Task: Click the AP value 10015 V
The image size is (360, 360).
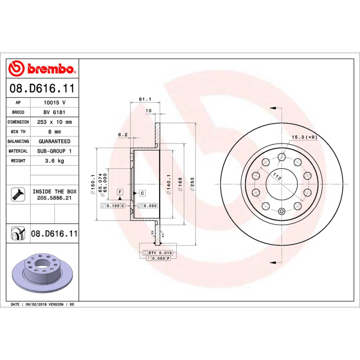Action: click(x=54, y=103)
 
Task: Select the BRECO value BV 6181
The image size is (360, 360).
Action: click(x=54, y=112)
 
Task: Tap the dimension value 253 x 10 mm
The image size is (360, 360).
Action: click(x=54, y=122)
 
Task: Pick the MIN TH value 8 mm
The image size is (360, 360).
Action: click(x=54, y=132)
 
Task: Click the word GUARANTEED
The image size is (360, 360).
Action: click(x=54, y=141)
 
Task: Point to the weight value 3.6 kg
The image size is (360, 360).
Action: click(x=54, y=161)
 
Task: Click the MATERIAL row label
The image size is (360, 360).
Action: click(x=18, y=151)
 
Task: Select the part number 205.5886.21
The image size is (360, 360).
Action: click(x=54, y=198)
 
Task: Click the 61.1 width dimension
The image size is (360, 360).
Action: click(x=144, y=99)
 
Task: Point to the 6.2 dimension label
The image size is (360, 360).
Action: click(x=123, y=135)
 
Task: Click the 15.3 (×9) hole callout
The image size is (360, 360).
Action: click(x=304, y=137)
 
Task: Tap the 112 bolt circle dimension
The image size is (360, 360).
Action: click(x=278, y=178)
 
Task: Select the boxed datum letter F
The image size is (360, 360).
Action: click(x=120, y=192)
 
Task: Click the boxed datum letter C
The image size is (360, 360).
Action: click(x=142, y=193)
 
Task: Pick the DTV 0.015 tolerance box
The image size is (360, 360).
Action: click(x=159, y=253)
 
